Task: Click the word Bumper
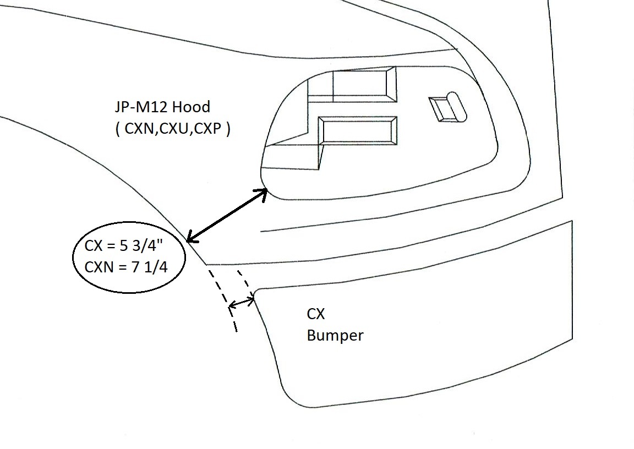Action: point(335,335)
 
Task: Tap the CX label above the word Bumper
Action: point(315,314)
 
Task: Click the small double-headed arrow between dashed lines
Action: point(242,302)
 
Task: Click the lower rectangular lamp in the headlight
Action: point(358,132)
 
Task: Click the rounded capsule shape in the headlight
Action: point(457,106)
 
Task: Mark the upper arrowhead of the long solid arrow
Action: point(264,191)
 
